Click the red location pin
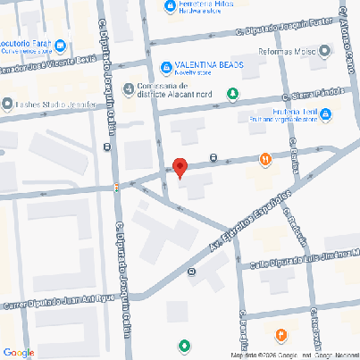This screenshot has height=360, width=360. coord(180,167)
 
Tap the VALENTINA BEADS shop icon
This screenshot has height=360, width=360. coord(166,67)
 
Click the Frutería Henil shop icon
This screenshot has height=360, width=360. coord(326,113)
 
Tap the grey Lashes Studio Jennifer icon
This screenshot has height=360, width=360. coord(8,104)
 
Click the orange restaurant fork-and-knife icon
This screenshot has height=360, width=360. coord(264,159)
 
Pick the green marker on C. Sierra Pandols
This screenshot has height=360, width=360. coord(233,93)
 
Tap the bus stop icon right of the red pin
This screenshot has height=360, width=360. coord(213,157)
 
